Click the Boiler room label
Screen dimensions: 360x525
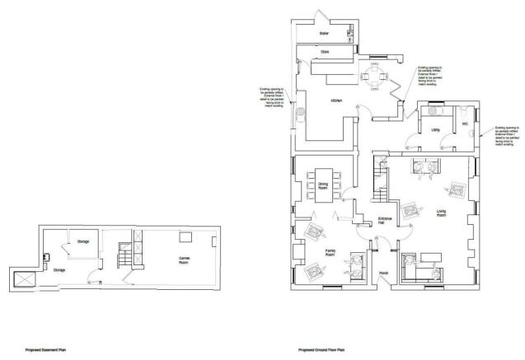324,35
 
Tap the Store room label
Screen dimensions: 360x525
324,51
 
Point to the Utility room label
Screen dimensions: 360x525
434,130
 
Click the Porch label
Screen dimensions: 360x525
383,273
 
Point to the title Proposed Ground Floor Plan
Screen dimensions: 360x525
322,349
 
